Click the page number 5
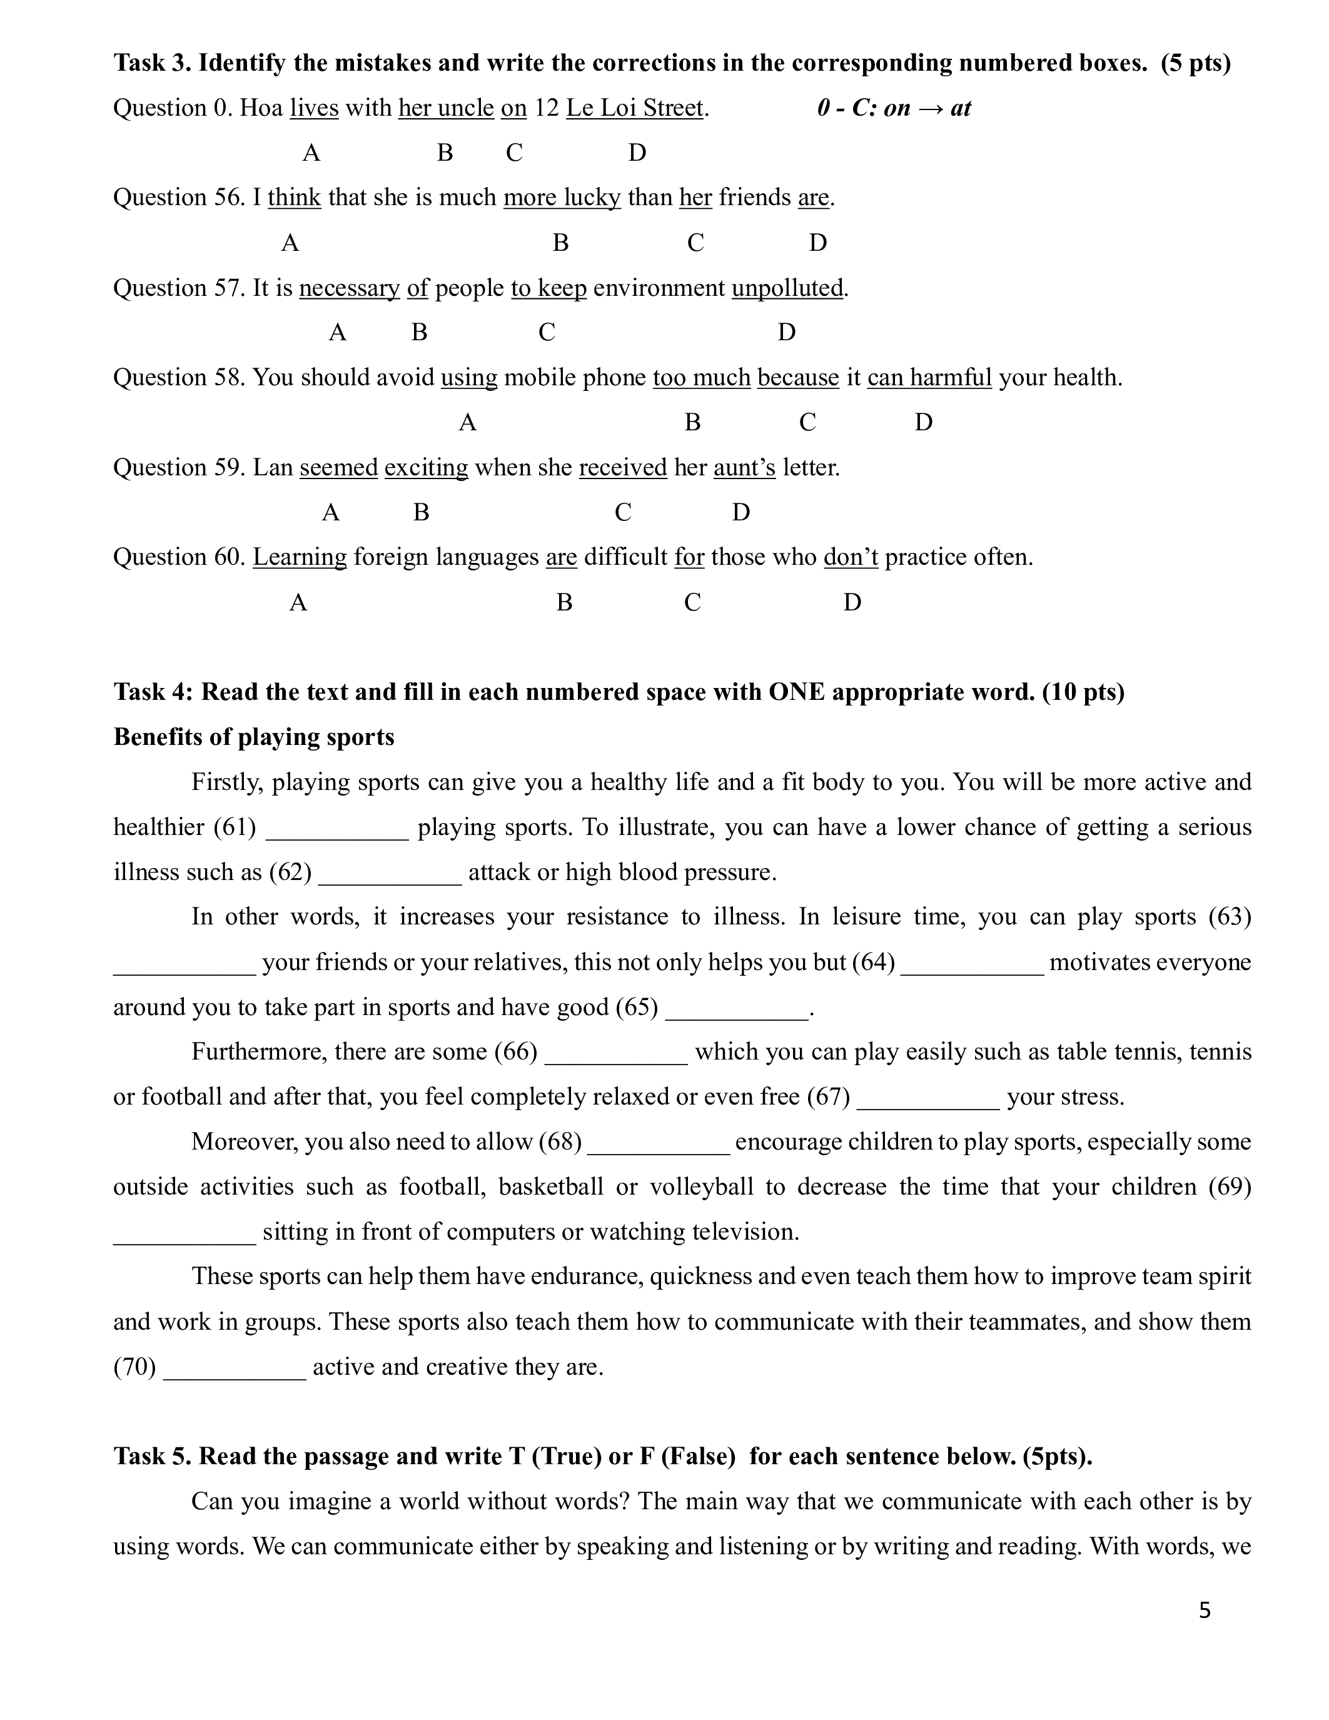tap(1205, 1611)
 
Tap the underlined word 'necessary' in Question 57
tap(350, 288)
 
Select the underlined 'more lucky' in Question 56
tap(562, 198)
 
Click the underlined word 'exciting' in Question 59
tap(426, 468)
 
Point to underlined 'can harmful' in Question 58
tap(929, 378)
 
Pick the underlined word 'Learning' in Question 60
tap(299, 557)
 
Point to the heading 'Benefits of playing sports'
tap(253, 737)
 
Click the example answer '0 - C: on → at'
tap(894, 108)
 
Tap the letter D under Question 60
tap(852, 602)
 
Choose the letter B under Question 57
tap(419, 332)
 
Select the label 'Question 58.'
tap(179, 378)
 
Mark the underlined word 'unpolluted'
tap(787, 288)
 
